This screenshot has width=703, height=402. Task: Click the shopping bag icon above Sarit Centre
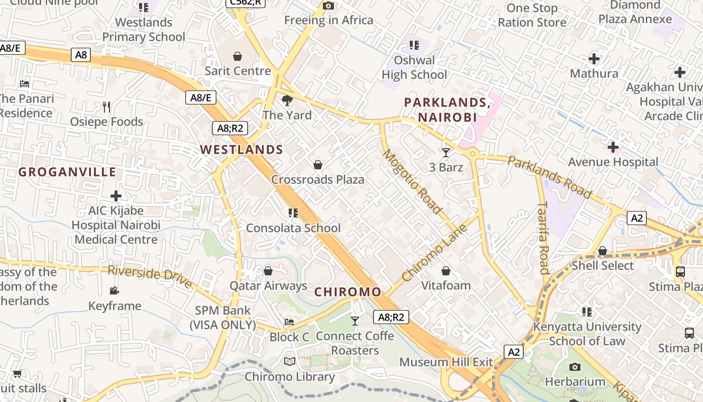[x=238, y=56]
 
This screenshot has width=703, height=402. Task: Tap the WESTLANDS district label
[x=242, y=149]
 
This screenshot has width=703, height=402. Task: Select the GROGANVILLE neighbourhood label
[x=67, y=172]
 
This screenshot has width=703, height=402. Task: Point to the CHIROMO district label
[x=347, y=292]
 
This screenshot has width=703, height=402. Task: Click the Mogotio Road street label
[x=412, y=181]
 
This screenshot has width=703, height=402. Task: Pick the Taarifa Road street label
[x=543, y=237]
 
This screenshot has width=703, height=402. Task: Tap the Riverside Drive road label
[x=150, y=276]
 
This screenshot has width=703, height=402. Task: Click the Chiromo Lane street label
[x=434, y=252]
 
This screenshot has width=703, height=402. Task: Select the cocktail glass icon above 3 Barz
[x=446, y=152]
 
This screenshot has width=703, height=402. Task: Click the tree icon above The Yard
[x=287, y=100]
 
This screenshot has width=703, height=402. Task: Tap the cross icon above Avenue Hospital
[x=613, y=147]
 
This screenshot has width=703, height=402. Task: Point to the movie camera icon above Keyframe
[x=114, y=290]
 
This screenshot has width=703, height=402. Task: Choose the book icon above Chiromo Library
[x=290, y=361]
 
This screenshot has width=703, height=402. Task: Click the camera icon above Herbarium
[x=575, y=367]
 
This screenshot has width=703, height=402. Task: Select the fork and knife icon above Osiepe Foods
[x=106, y=107]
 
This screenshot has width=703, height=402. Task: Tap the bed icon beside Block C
[x=289, y=322]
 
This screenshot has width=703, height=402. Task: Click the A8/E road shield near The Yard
[x=201, y=97]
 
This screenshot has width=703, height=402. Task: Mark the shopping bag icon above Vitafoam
[x=446, y=271]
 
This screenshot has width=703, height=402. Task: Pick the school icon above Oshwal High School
[x=414, y=45]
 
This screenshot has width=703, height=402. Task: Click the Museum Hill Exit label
[x=446, y=362]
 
